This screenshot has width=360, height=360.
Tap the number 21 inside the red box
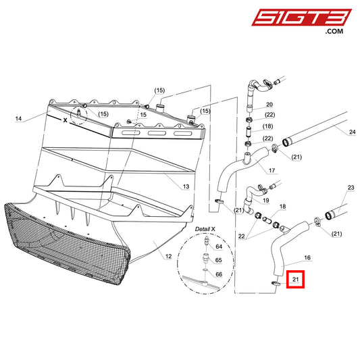[x=295, y=278]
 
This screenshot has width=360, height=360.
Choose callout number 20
[x=269, y=105]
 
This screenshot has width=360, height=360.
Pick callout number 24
[x=351, y=132]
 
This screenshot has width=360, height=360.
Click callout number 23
[x=350, y=187]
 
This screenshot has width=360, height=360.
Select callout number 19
[x=265, y=201]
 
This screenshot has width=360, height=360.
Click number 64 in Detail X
[x=218, y=248]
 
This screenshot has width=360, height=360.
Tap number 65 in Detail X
[x=218, y=260]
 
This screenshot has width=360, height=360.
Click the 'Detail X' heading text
[x=205, y=230]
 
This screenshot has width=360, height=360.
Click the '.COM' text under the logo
[x=333, y=32]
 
